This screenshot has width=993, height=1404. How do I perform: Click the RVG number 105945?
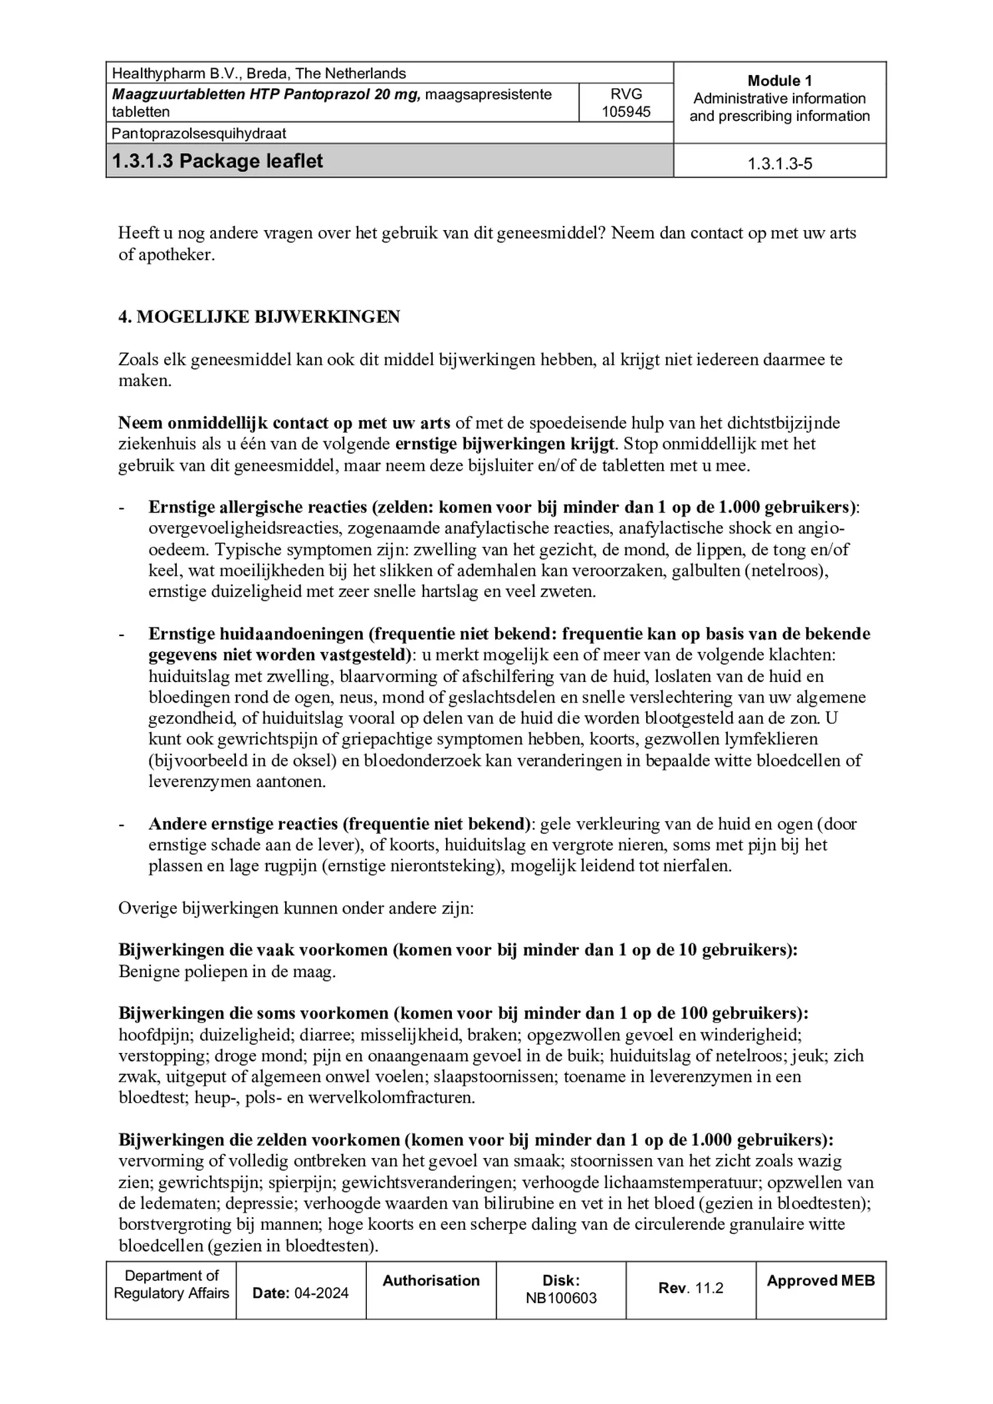tap(625, 112)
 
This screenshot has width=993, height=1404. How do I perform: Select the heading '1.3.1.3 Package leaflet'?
tap(217, 161)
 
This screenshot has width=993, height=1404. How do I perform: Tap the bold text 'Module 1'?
tap(779, 81)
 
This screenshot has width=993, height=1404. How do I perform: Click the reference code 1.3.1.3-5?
tap(779, 164)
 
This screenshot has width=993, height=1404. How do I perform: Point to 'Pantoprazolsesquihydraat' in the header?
tap(199, 133)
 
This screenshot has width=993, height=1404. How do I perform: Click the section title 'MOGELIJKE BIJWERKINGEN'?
tap(268, 317)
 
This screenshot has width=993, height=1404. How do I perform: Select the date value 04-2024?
tap(321, 1293)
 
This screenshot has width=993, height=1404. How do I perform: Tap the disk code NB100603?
tap(561, 1298)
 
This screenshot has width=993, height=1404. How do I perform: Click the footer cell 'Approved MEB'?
tap(820, 1281)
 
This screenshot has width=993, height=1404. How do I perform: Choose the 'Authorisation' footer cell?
tap(431, 1281)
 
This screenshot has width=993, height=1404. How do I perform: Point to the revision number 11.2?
tap(709, 1288)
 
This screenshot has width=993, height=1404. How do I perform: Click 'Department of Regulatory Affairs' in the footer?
tap(171, 1284)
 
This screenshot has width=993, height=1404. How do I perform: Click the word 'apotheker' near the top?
tap(175, 255)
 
